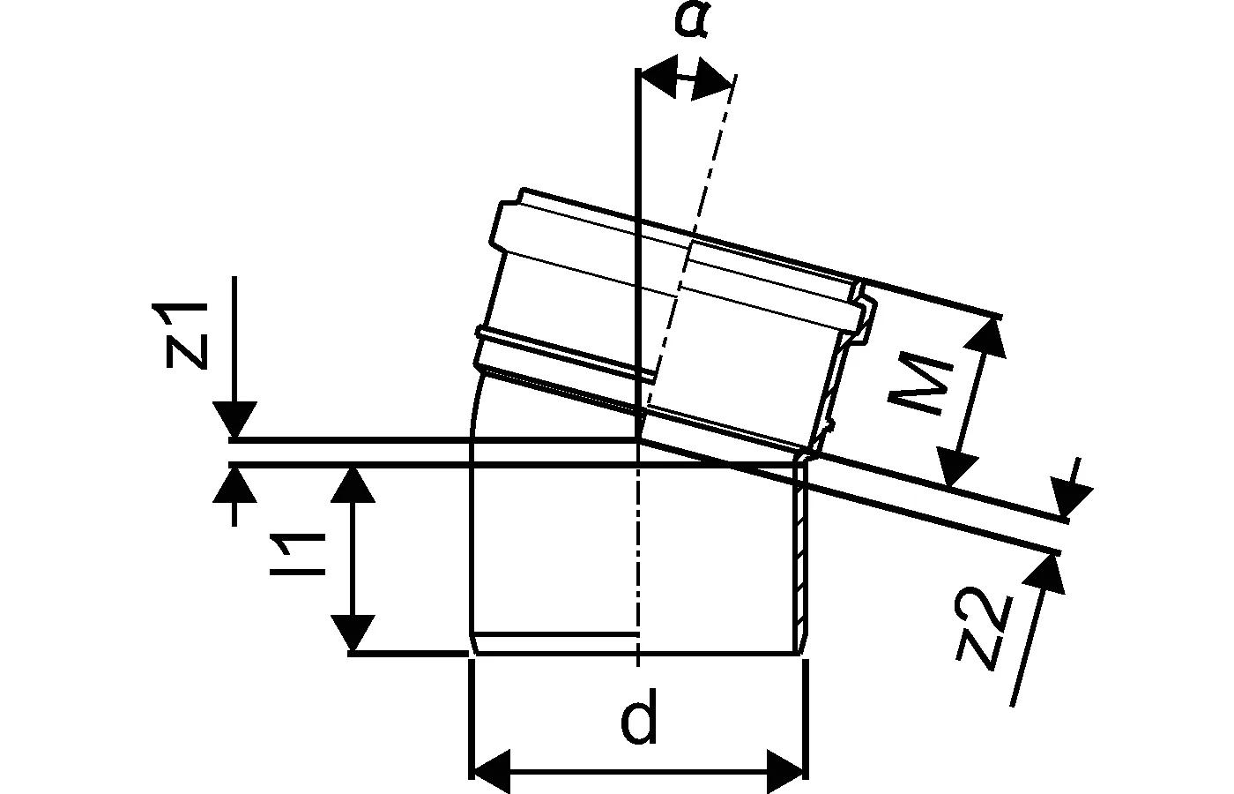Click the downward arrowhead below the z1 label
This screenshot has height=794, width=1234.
tap(234, 420)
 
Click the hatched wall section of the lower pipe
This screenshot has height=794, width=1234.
tap(801, 556)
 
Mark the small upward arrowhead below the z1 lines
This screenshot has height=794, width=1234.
tap(234, 485)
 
